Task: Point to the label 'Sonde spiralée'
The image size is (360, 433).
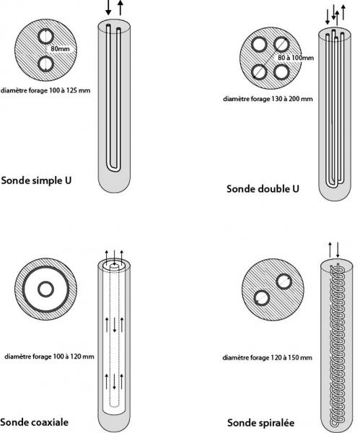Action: click(260, 421)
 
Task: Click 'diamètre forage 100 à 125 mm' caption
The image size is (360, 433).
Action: click(47, 91)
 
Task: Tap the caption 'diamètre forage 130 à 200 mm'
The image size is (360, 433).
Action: click(268, 98)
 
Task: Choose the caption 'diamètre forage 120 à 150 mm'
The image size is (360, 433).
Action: click(267, 358)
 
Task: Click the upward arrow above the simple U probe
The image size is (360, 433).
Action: click(120, 9)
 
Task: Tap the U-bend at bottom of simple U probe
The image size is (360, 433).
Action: click(114, 167)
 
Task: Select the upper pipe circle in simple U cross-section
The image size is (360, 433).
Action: click(46, 38)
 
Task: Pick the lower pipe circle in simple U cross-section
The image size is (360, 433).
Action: click(46, 65)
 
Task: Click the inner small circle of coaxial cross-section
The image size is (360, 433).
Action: click(45, 290)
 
